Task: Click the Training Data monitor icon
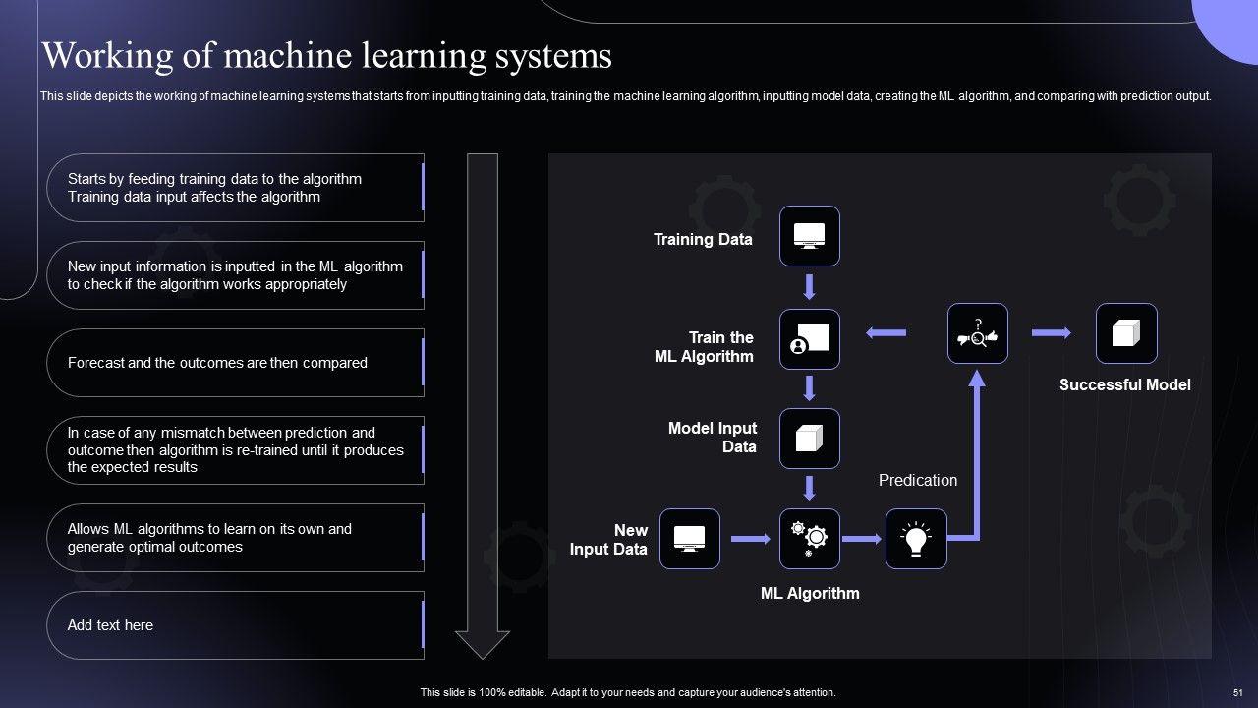tap(809, 236)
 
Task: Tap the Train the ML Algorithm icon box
tap(809, 339)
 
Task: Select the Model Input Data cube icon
tap(809, 439)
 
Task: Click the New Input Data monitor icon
tap(689, 539)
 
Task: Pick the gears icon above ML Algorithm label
tap(809, 539)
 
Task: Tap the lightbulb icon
tap(916, 539)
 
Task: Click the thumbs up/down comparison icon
tap(977, 334)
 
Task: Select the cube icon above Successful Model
tap(1126, 334)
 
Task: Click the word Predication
tap(917, 480)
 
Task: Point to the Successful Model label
tap(1124, 385)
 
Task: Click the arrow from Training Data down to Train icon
tap(809, 287)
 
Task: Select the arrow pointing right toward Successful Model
tap(1051, 333)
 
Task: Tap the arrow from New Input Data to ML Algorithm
tap(751, 539)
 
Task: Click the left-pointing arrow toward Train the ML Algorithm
tap(886, 333)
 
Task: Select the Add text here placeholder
tap(110, 625)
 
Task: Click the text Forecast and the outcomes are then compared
tap(217, 363)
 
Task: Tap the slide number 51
tap(1237, 692)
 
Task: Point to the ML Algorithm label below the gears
tap(810, 593)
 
